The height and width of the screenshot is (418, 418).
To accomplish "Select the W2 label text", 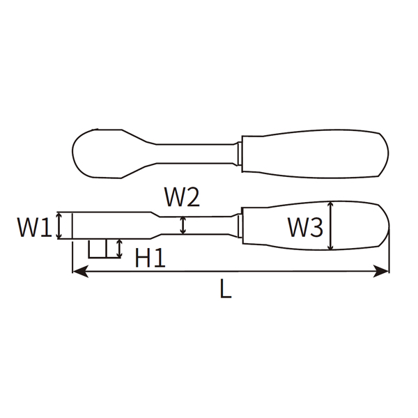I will (182, 199).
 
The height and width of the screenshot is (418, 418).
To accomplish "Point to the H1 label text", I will (150, 258).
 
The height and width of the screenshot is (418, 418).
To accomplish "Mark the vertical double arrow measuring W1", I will (60, 226).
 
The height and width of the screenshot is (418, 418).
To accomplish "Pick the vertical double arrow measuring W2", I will (183, 225).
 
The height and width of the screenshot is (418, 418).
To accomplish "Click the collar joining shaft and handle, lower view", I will (238, 225).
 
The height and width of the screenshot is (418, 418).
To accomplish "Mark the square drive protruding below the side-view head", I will (98, 249).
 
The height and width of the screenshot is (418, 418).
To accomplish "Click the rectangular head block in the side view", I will (104, 226).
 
